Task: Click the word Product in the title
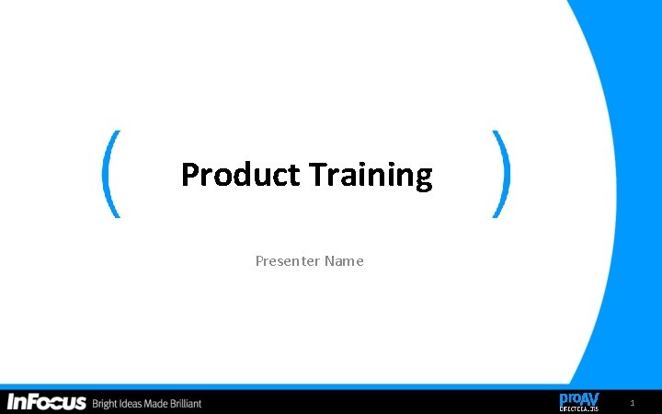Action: (240, 174)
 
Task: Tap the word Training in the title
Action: (371, 174)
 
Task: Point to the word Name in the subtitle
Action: (344, 261)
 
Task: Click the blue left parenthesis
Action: (111, 174)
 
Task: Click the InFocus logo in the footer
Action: (47, 402)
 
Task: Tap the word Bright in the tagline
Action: (107, 403)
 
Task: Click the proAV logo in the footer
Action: (579, 401)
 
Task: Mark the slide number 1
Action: (632, 404)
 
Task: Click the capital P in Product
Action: (189, 174)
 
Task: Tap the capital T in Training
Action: (318, 174)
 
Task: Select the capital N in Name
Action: (329, 261)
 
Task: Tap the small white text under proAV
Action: (579, 408)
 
